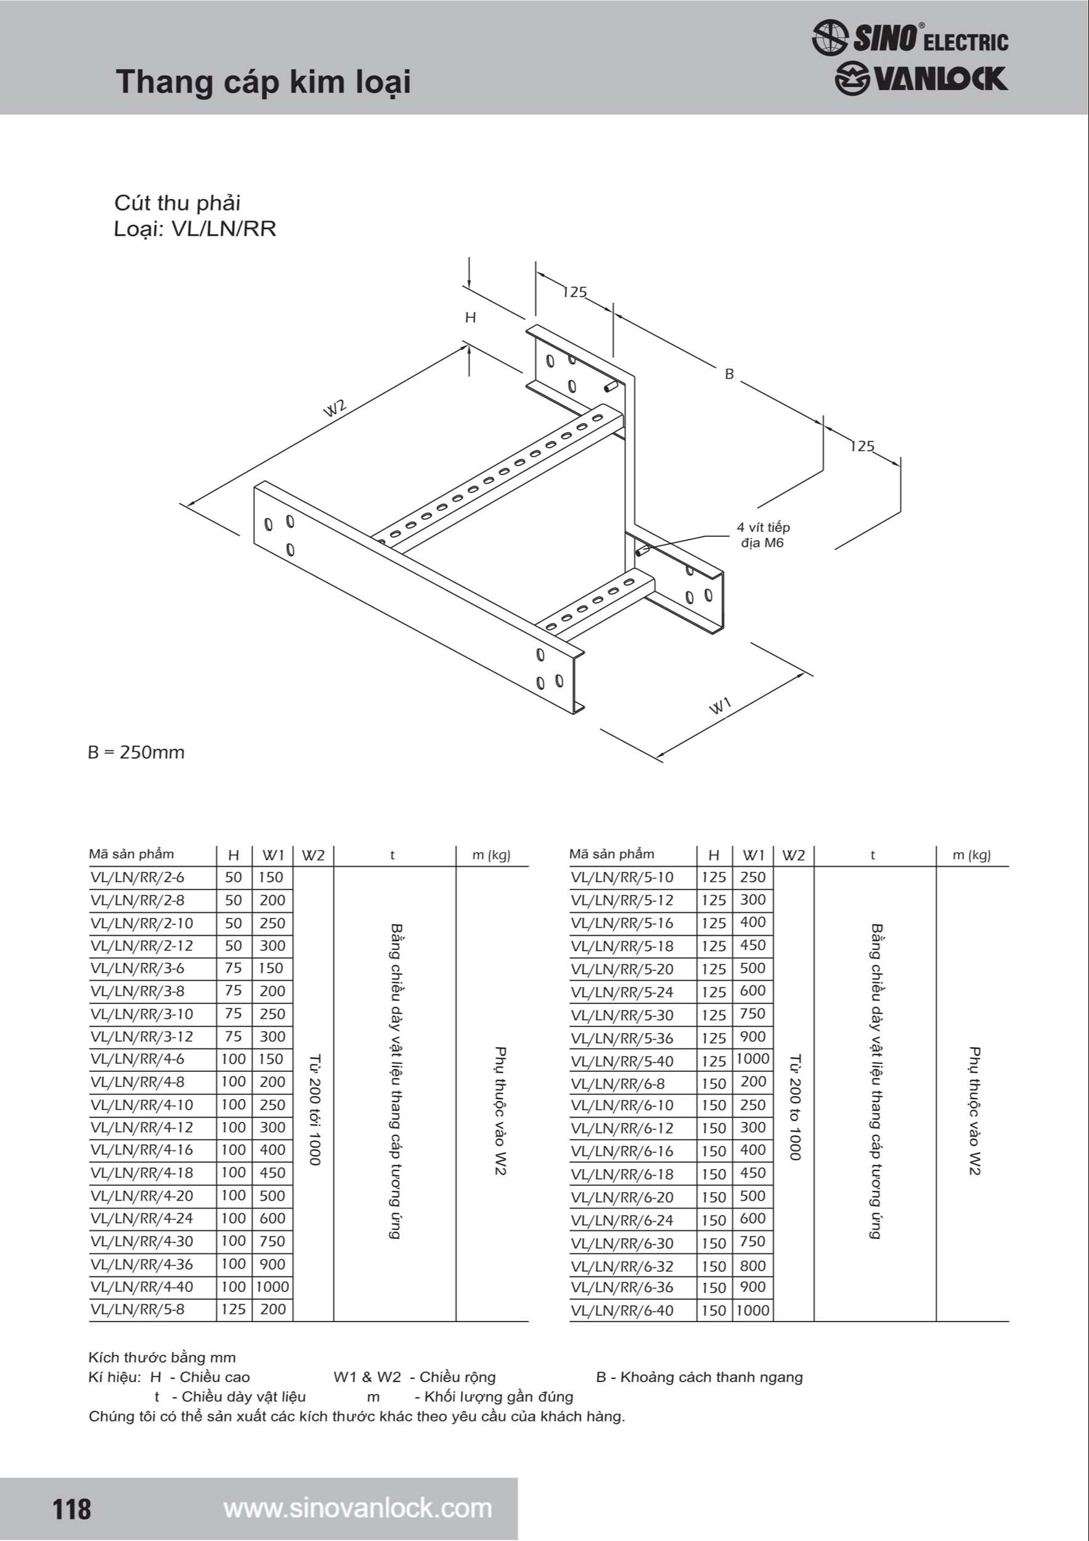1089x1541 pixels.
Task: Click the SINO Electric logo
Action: click(909, 38)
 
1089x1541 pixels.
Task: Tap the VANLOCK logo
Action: click(921, 79)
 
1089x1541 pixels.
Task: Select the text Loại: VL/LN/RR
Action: click(195, 229)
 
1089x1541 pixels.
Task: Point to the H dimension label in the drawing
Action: click(470, 317)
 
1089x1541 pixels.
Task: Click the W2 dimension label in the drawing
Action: click(335, 408)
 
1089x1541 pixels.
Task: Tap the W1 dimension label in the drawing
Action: click(720, 706)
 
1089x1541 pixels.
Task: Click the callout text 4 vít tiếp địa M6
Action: click(763, 535)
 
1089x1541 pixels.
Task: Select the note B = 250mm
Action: click(136, 753)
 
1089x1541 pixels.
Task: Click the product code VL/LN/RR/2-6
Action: click(137, 877)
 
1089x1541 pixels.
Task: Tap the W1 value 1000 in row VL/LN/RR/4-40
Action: click(272, 1286)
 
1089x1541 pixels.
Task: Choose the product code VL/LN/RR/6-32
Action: click(622, 1267)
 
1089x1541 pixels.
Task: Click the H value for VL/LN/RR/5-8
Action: click(234, 1309)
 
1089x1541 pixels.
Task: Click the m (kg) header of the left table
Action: click(491, 855)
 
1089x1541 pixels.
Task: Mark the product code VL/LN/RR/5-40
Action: click(622, 1061)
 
